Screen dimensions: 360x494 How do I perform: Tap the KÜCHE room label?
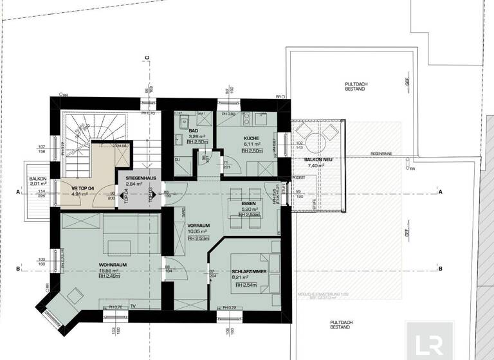coord(250,139)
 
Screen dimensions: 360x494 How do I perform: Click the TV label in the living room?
coord(133,307)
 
